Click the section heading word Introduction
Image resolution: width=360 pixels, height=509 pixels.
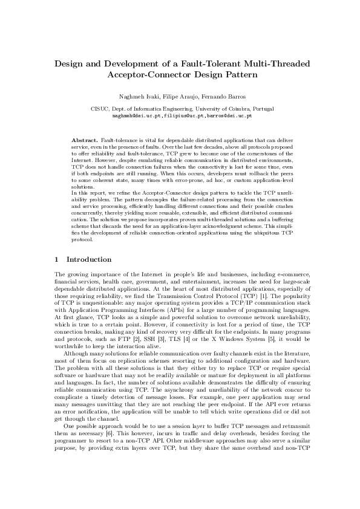point(88,259)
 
